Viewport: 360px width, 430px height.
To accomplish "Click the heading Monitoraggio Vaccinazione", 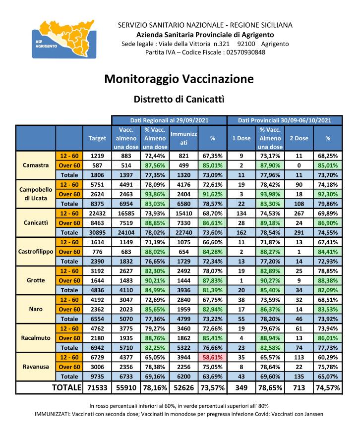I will click(x=179, y=79).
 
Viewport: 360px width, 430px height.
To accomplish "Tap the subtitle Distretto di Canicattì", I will click(x=179, y=99).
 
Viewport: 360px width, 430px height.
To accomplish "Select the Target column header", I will click(x=97, y=138).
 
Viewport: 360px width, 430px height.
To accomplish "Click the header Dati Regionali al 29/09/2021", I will click(x=169, y=120).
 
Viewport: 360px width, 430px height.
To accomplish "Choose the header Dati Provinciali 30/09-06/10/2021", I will click(x=285, y=120).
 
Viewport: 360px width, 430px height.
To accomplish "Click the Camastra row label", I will click(x=36, y=165).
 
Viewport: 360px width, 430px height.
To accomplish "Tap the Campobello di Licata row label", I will click(x=36, y=194).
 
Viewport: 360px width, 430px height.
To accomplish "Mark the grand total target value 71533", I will click(x=97, y=388).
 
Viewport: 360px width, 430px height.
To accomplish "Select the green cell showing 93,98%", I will click(x=270, y=194).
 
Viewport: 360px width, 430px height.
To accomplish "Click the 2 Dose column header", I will click(x=299, y=138).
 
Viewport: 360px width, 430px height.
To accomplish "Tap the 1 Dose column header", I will click(x=241, y=138).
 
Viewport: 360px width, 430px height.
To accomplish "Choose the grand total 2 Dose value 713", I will click(x=299, y=388).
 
